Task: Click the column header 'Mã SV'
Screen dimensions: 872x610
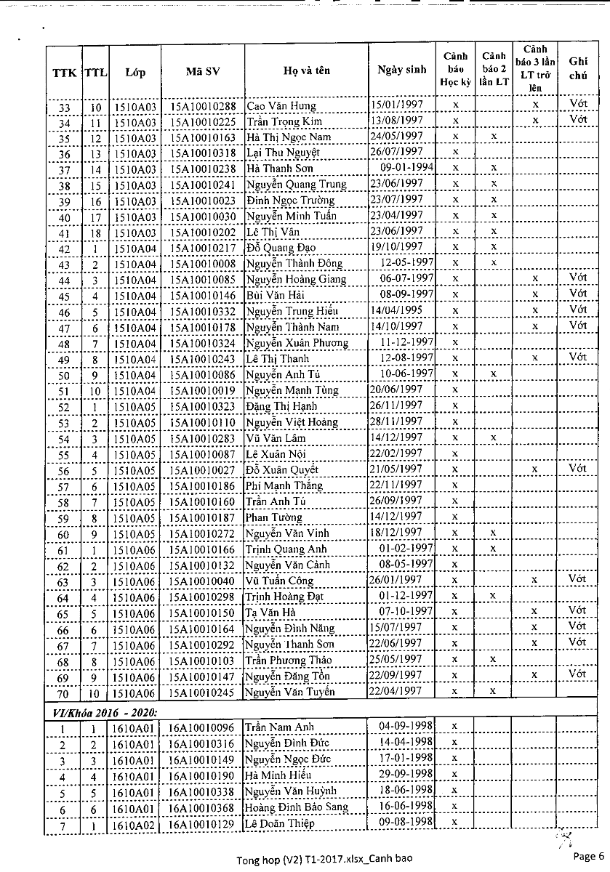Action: click(x=203, y=72)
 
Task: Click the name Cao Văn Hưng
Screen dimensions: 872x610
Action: click(x=281, y=107)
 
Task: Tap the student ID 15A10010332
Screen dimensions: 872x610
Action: click(x=203, y=311)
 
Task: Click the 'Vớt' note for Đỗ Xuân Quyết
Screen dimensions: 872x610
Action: click(x=578, y=469)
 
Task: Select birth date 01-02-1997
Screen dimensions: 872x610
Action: click(x=406, y=549)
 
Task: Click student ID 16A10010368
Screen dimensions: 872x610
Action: click(x=203, y=807)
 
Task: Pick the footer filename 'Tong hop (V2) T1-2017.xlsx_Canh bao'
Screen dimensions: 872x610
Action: click(x=324, y=860)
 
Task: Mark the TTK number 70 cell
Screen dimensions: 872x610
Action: click(x=64, y=693)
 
